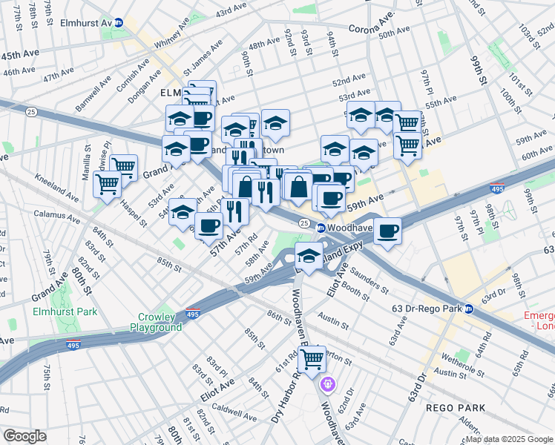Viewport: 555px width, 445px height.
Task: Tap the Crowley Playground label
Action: pyautogui.click(x=156, y=322)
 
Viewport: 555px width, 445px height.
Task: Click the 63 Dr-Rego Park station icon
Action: pyautogui.click(x=469, y=309)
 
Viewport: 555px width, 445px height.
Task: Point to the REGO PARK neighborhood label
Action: pyautogui.click(x=456, y=408)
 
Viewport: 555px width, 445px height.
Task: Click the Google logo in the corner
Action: pyautogui.click(x=24, y=436)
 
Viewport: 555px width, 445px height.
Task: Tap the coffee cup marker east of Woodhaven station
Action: pyautogui.click(x=387, y=231)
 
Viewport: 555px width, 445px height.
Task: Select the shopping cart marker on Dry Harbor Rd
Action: pyautogui.click(x=312, y=358)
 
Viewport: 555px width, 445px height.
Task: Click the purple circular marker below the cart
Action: pyautogui.click(x=328, y=385)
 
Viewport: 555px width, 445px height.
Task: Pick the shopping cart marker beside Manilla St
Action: pyautogui.click(x=108, y=182)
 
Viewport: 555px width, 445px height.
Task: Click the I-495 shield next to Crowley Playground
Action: pyautogui.click(x=192, y=314)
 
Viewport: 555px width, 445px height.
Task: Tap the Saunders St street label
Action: pyautogui.click(x=370, y=279)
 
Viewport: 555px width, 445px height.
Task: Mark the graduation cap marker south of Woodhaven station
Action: pyautogui.click(x=309, y=256)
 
